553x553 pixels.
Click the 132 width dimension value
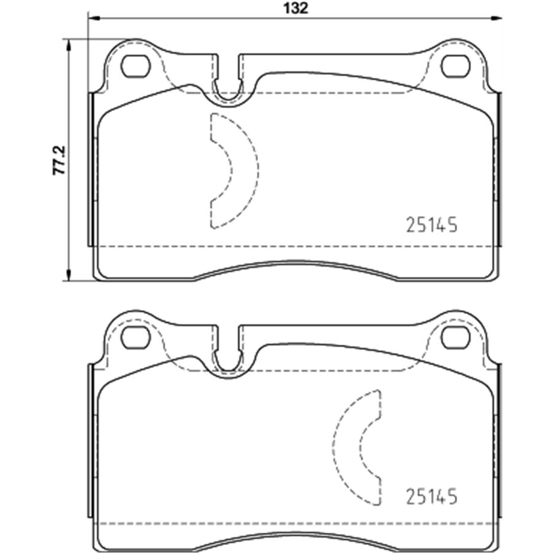click(296, 8)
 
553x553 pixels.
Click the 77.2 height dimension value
click(59, 160)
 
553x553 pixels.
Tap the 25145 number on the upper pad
click(432, 225)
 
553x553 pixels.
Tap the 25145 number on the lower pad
click(432, 496)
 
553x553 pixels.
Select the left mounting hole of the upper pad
click(135, 66)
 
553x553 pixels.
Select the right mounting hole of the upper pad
click(456, 66)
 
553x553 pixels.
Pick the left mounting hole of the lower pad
click(135, 337)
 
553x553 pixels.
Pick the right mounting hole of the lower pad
click(456, 337)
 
